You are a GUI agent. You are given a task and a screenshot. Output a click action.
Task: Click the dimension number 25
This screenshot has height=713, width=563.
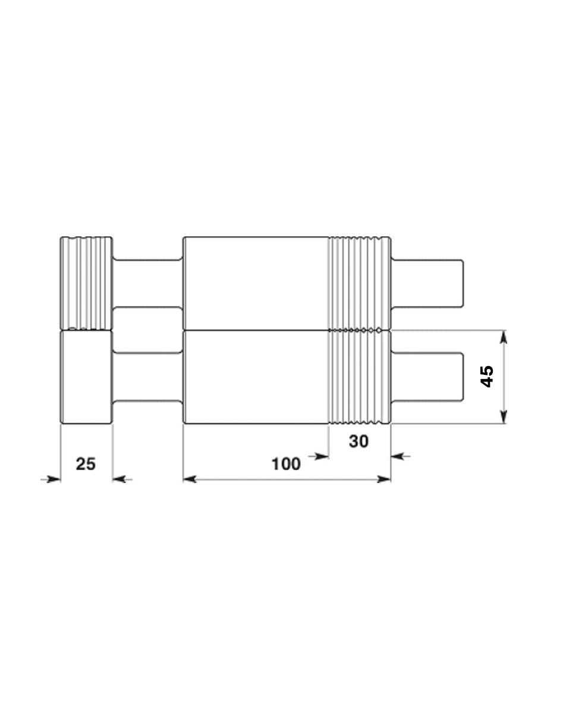tap(86, 463)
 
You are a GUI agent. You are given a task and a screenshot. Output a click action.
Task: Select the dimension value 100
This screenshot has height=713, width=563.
tap(286, 464)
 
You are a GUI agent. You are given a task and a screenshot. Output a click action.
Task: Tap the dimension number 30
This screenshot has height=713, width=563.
tap(358, 441)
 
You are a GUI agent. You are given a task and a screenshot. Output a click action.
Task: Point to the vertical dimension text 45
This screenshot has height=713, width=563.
tap(486, 377)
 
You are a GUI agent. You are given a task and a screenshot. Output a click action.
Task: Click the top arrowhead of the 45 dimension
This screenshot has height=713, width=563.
tap(504, 336)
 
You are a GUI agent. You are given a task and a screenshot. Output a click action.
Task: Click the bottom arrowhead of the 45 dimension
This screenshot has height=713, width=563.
tap(504, 417)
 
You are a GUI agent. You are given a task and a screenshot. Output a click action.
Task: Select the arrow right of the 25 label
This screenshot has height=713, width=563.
tap(120, 478)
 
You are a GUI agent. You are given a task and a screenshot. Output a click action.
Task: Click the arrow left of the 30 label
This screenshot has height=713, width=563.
tap(322, 456)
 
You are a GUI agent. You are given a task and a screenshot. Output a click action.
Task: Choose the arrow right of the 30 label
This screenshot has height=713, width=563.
tap(398, 456)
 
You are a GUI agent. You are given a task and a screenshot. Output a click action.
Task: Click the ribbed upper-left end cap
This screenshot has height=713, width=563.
tap(86, 282)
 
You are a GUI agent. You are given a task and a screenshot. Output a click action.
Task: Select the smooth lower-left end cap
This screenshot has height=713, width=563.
tap(86, 377)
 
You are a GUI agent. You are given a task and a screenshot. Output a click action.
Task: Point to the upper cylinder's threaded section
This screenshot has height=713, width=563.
tap(360, 282)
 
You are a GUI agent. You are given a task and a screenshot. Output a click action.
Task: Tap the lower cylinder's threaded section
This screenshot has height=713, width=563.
tap(360, 377)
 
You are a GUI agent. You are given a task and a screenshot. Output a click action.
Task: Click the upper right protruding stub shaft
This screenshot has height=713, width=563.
tap(427, 283)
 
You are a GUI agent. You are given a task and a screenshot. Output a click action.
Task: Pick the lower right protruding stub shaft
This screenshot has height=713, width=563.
tap(427, 376)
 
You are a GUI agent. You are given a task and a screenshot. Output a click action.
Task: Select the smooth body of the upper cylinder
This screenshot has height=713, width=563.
tap(256, 282)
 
